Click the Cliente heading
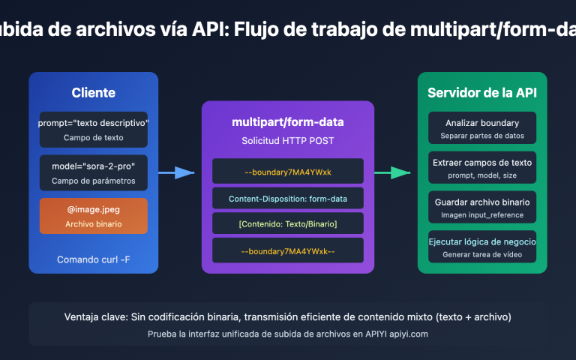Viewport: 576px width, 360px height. point(94,93)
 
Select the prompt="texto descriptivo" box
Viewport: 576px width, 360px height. point(94,129)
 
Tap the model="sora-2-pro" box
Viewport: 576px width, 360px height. point(94,172)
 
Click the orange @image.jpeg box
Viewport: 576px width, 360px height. point(94,216)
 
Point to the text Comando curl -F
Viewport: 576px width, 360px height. point(94,260)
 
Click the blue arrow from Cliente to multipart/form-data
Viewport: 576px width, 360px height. point(175,172)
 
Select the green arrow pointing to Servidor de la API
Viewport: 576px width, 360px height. point(391,172)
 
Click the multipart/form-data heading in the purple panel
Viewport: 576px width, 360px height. point(288,123)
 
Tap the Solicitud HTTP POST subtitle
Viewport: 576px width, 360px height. point(288,141)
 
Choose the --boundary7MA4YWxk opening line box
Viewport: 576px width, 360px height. point(288,172)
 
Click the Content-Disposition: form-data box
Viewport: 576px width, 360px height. point(288,198)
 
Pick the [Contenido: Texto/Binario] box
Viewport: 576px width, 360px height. point(288,224)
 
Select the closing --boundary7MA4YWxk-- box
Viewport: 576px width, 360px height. point(288,250)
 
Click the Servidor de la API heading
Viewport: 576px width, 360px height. point(482,93)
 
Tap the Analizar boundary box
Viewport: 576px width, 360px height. point(482,129)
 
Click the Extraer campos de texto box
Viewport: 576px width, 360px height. point(482,168)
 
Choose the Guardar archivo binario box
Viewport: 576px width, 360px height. point(482,208)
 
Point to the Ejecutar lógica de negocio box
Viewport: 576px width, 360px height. point(482,247)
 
